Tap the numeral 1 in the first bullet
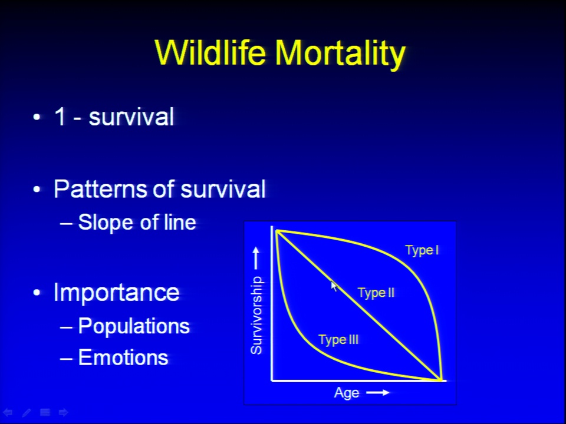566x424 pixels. (60, 117)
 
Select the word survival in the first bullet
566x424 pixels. (131, 117)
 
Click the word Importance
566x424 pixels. (116, 292)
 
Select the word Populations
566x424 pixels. (134, 326)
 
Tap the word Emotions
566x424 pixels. (123, 357)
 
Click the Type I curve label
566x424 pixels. (422, 250)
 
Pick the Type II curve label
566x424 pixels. (376, 293)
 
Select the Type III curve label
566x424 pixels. (338, 340)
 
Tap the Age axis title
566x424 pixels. (347, 393)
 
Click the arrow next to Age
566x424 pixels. (377, 392)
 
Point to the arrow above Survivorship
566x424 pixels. (256, 258)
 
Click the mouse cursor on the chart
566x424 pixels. (334, 286)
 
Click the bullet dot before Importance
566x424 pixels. (37, 293)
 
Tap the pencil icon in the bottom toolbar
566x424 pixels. (27, 412)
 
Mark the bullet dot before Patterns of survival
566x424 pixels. (37, 189)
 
